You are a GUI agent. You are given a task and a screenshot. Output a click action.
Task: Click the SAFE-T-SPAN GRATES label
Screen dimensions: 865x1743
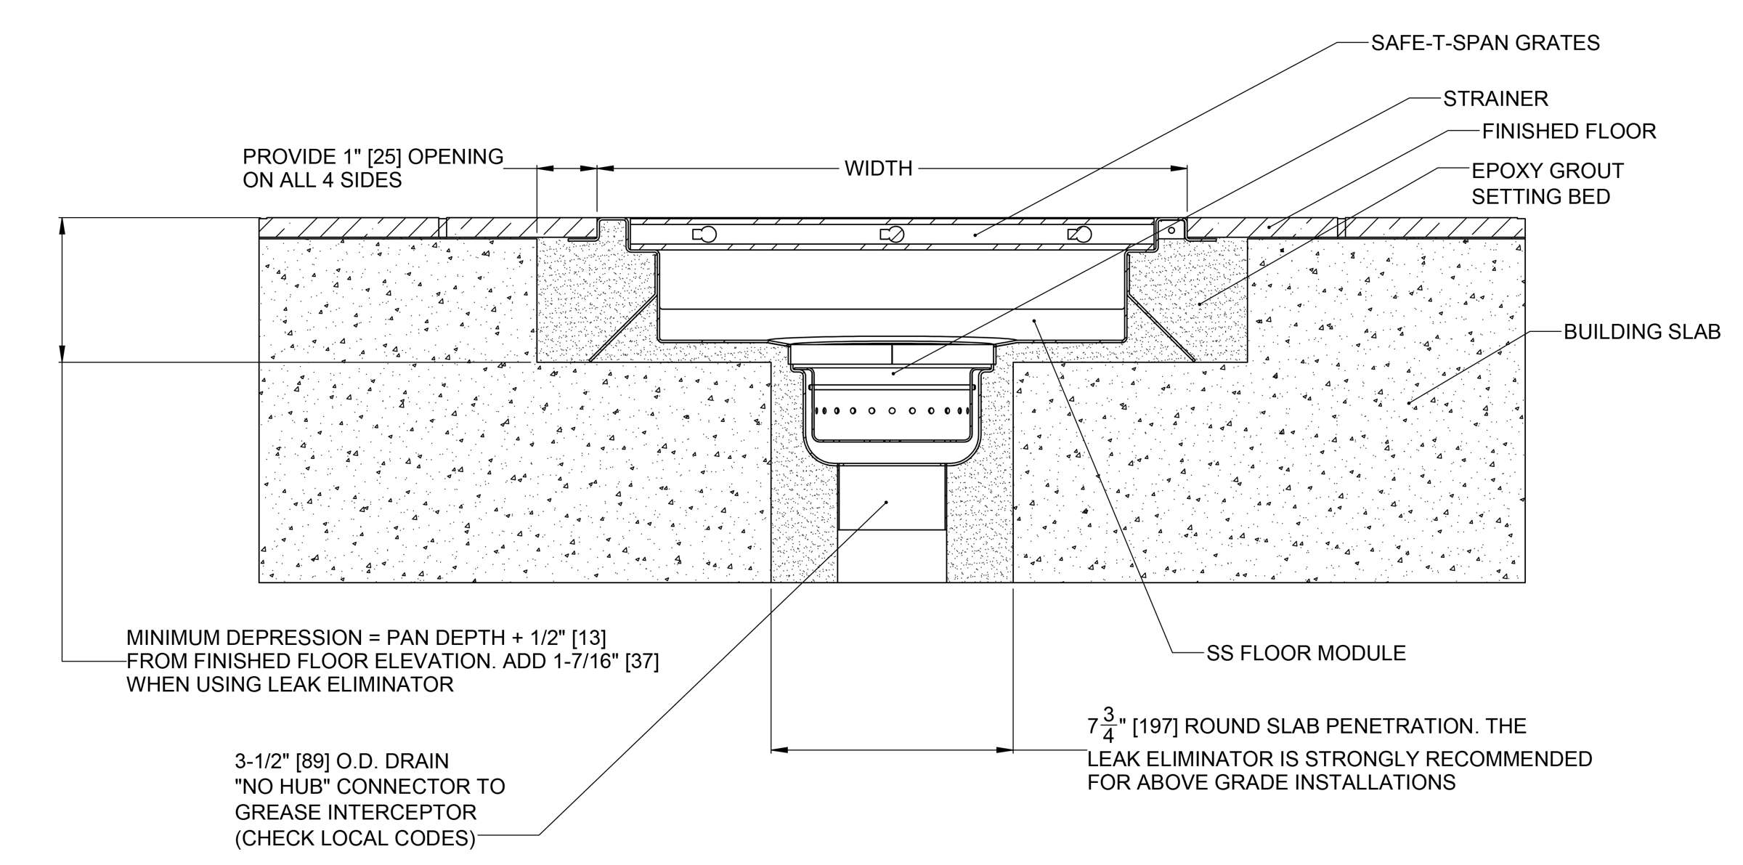coord(1484,43)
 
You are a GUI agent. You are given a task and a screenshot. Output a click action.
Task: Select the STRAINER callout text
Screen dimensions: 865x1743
coord(1495,98)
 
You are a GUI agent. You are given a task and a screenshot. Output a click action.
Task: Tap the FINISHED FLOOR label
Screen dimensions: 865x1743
coord(1569,131)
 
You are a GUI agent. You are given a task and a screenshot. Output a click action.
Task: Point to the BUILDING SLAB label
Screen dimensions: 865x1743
coord(1641,332)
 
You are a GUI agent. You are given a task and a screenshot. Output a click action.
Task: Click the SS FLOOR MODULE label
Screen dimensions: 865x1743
coord(1306,653)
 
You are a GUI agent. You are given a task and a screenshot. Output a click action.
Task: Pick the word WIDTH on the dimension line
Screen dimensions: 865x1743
coord(878,168)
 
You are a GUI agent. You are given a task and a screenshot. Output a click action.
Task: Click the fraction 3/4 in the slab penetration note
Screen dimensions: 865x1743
coord(1108,725)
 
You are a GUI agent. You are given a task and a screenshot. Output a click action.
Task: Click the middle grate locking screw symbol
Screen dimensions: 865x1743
coord(893,234)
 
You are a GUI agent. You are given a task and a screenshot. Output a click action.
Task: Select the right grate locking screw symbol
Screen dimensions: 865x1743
coord(1080,234)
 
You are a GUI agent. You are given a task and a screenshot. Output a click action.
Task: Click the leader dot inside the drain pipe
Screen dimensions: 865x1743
coord(886,502)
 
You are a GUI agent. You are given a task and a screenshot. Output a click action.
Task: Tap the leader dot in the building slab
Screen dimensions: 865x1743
coord(1410,402)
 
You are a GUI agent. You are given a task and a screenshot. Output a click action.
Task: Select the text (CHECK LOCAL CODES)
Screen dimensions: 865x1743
coord(354,838)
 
